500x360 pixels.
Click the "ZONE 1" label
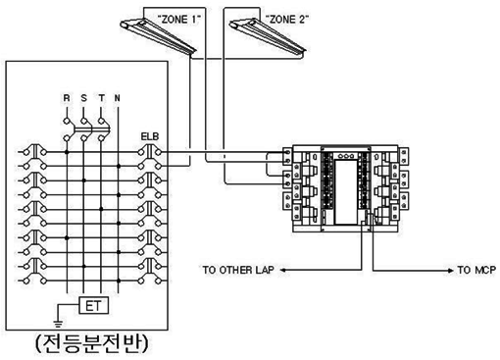178,20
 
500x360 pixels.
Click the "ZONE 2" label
286,20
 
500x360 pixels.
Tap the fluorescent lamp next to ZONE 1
158,36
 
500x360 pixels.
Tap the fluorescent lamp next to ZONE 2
268,36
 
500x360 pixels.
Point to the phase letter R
67,98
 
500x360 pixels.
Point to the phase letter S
84,98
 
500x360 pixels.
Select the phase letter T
102,98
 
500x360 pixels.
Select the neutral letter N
118,98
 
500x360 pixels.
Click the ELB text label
150,136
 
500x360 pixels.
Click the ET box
94,306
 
